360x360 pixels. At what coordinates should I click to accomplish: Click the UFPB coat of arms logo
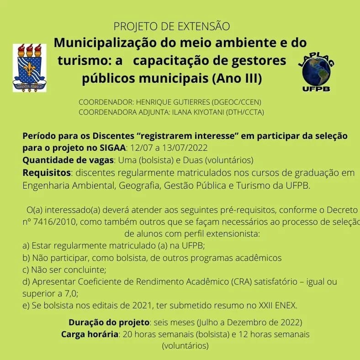pyautogui.click(x=30, y=68)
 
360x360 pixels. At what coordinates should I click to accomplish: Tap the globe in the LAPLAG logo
pyautogui.click(x=317, y=71)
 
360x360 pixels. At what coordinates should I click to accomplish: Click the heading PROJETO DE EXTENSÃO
pyautogui.click(x=171, y=26)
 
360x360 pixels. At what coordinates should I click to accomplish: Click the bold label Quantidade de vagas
pyautogui.click(x=68, y=160)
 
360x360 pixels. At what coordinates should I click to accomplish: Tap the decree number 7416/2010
pyautogui.click(x=50, y=222)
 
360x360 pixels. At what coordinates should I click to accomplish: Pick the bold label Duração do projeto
pyautogui.click(x=109, y=323)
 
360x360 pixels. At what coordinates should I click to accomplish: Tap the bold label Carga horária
pyautogui.click(x=90, y=334)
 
